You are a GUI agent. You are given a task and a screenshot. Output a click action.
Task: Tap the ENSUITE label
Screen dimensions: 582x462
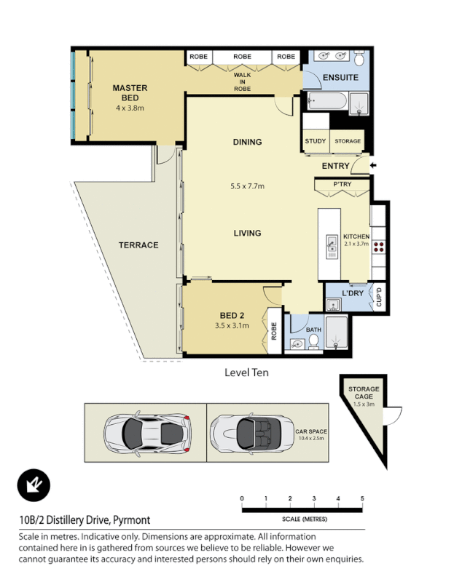click(x=340, y=76)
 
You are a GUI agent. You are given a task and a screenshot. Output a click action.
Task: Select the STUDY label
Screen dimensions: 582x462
click(x=316, y=141)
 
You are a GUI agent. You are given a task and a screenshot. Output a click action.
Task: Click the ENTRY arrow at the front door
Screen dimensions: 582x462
click(x=374, y=166)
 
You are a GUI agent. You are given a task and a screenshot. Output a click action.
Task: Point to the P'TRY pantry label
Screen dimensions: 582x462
click(x=342, y=185)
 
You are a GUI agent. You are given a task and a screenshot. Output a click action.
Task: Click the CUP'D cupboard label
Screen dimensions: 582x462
click(x=379, y=297)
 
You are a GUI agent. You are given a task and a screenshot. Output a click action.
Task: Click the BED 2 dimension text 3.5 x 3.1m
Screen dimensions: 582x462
click(x=232, y=326)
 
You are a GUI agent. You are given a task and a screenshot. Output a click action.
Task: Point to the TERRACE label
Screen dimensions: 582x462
click(x=138, y=245)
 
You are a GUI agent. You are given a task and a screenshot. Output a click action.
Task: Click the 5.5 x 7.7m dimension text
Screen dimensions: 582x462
click(x=247, y=186)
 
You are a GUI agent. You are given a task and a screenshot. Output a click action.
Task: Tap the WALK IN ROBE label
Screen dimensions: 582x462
click(x=242, y=81)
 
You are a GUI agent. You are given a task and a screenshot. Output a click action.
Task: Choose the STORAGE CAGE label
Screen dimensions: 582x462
click(x=363, y=393)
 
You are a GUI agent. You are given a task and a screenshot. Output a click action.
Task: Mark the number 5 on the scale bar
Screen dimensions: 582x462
click(x=362, y=498)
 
